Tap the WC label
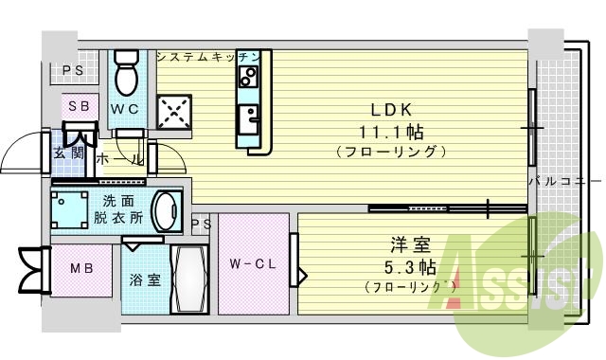(x=125, y=109)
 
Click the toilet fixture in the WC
(x=126, y=68)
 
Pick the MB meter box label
(x=81, y=268)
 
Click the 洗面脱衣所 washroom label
(x=117, y=209)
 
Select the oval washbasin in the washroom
(x=167, y=209)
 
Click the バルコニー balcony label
(x=562, y=180)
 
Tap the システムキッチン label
(x=207, y=57)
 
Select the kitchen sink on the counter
(x=251, y=119)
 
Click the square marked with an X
(x=174, y=113)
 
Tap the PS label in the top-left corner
(x=73, y=69)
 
